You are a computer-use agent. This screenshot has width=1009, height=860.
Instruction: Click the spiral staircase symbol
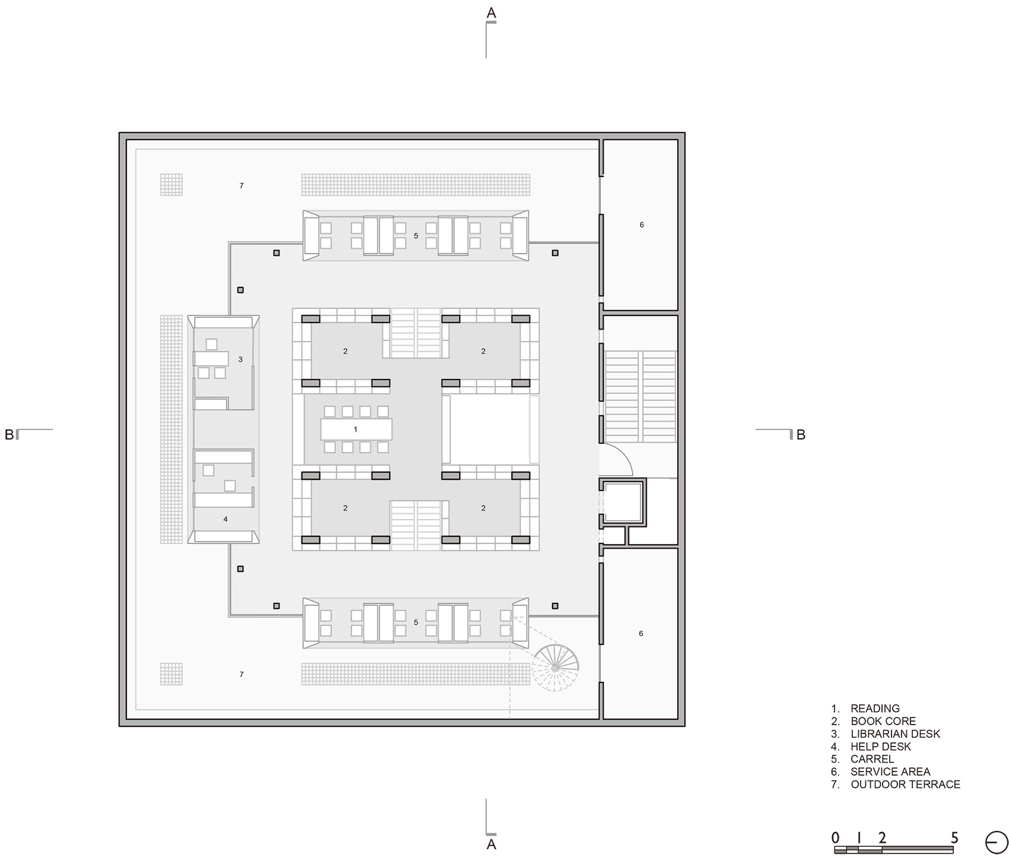tap(555, 668)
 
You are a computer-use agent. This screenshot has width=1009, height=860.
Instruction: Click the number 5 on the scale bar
tap(954, 838)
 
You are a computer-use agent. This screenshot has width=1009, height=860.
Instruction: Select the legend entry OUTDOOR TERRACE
tap(905, 784)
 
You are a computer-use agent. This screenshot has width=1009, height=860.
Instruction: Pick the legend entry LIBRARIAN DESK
tap(895, 733)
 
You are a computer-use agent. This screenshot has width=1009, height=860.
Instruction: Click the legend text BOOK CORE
tap(883, 721)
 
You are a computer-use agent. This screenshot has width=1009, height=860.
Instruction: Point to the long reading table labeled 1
tap(356, 429)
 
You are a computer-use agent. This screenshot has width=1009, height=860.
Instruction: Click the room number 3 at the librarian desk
tap(240, 359)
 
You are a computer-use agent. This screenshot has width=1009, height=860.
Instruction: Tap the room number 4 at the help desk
tap(226, 519)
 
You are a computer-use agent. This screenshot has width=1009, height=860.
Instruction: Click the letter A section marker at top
tap(491, 12)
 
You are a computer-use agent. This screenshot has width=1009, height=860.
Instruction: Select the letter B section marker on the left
tap(9, 434)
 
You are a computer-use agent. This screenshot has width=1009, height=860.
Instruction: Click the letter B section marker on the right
tap(801, 434)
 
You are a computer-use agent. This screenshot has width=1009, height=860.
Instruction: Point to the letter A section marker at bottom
tap(491, 844)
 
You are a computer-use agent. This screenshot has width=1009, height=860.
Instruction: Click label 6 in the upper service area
tap(642, 225)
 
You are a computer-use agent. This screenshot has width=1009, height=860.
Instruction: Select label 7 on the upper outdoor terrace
tap(242, 186)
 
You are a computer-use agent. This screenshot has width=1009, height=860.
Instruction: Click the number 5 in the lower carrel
tap(416, 622)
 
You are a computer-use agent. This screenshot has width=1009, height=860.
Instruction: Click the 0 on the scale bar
tap(836, 838)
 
